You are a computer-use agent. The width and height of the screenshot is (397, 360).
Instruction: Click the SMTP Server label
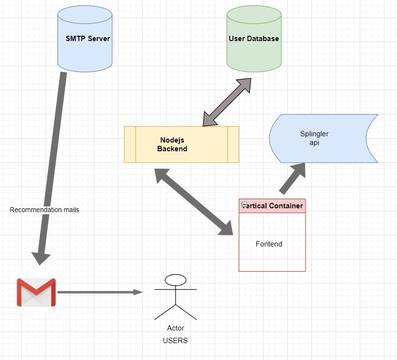pos(88,39)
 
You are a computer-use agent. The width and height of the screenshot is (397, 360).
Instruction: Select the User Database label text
pos(254,39)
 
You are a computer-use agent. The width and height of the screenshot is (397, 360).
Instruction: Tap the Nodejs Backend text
pos(172,144)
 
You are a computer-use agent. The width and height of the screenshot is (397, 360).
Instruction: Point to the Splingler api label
pos(314,138)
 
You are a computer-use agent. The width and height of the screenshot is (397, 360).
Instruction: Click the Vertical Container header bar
pos(272,206)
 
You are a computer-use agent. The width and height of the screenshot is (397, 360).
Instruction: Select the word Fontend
pos(269,244)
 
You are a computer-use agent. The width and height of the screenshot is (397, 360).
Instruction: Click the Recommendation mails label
pos(44,210)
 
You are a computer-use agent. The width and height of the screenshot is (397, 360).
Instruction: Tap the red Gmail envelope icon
pos(36,292)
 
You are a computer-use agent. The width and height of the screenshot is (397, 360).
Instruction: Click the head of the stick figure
pos(176,280)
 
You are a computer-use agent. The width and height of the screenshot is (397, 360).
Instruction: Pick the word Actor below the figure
pos(176,328)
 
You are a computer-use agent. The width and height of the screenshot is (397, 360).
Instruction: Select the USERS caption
pos(175,341)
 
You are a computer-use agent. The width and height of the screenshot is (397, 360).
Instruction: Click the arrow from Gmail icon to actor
pos(100,292)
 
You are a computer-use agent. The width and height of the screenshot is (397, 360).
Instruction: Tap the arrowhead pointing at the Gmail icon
pos(41,258)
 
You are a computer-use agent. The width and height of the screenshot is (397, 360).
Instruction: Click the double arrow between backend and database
pos(227,102)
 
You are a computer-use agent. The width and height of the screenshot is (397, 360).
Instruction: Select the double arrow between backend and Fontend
pos(193,202)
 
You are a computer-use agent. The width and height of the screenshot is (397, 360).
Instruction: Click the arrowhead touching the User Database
pos(244,85)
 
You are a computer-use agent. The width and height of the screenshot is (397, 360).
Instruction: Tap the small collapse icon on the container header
pos(244,204)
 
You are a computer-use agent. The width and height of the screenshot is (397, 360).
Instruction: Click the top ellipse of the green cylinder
pos(254,14)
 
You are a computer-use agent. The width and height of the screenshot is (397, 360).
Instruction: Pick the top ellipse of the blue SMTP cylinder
pos(85,14)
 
